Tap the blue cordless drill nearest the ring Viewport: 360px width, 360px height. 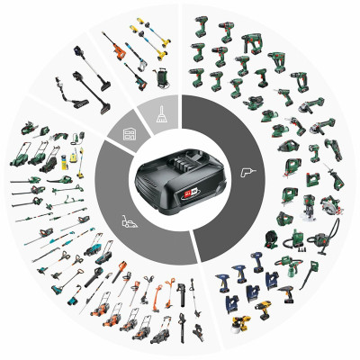[x=222, y=270]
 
